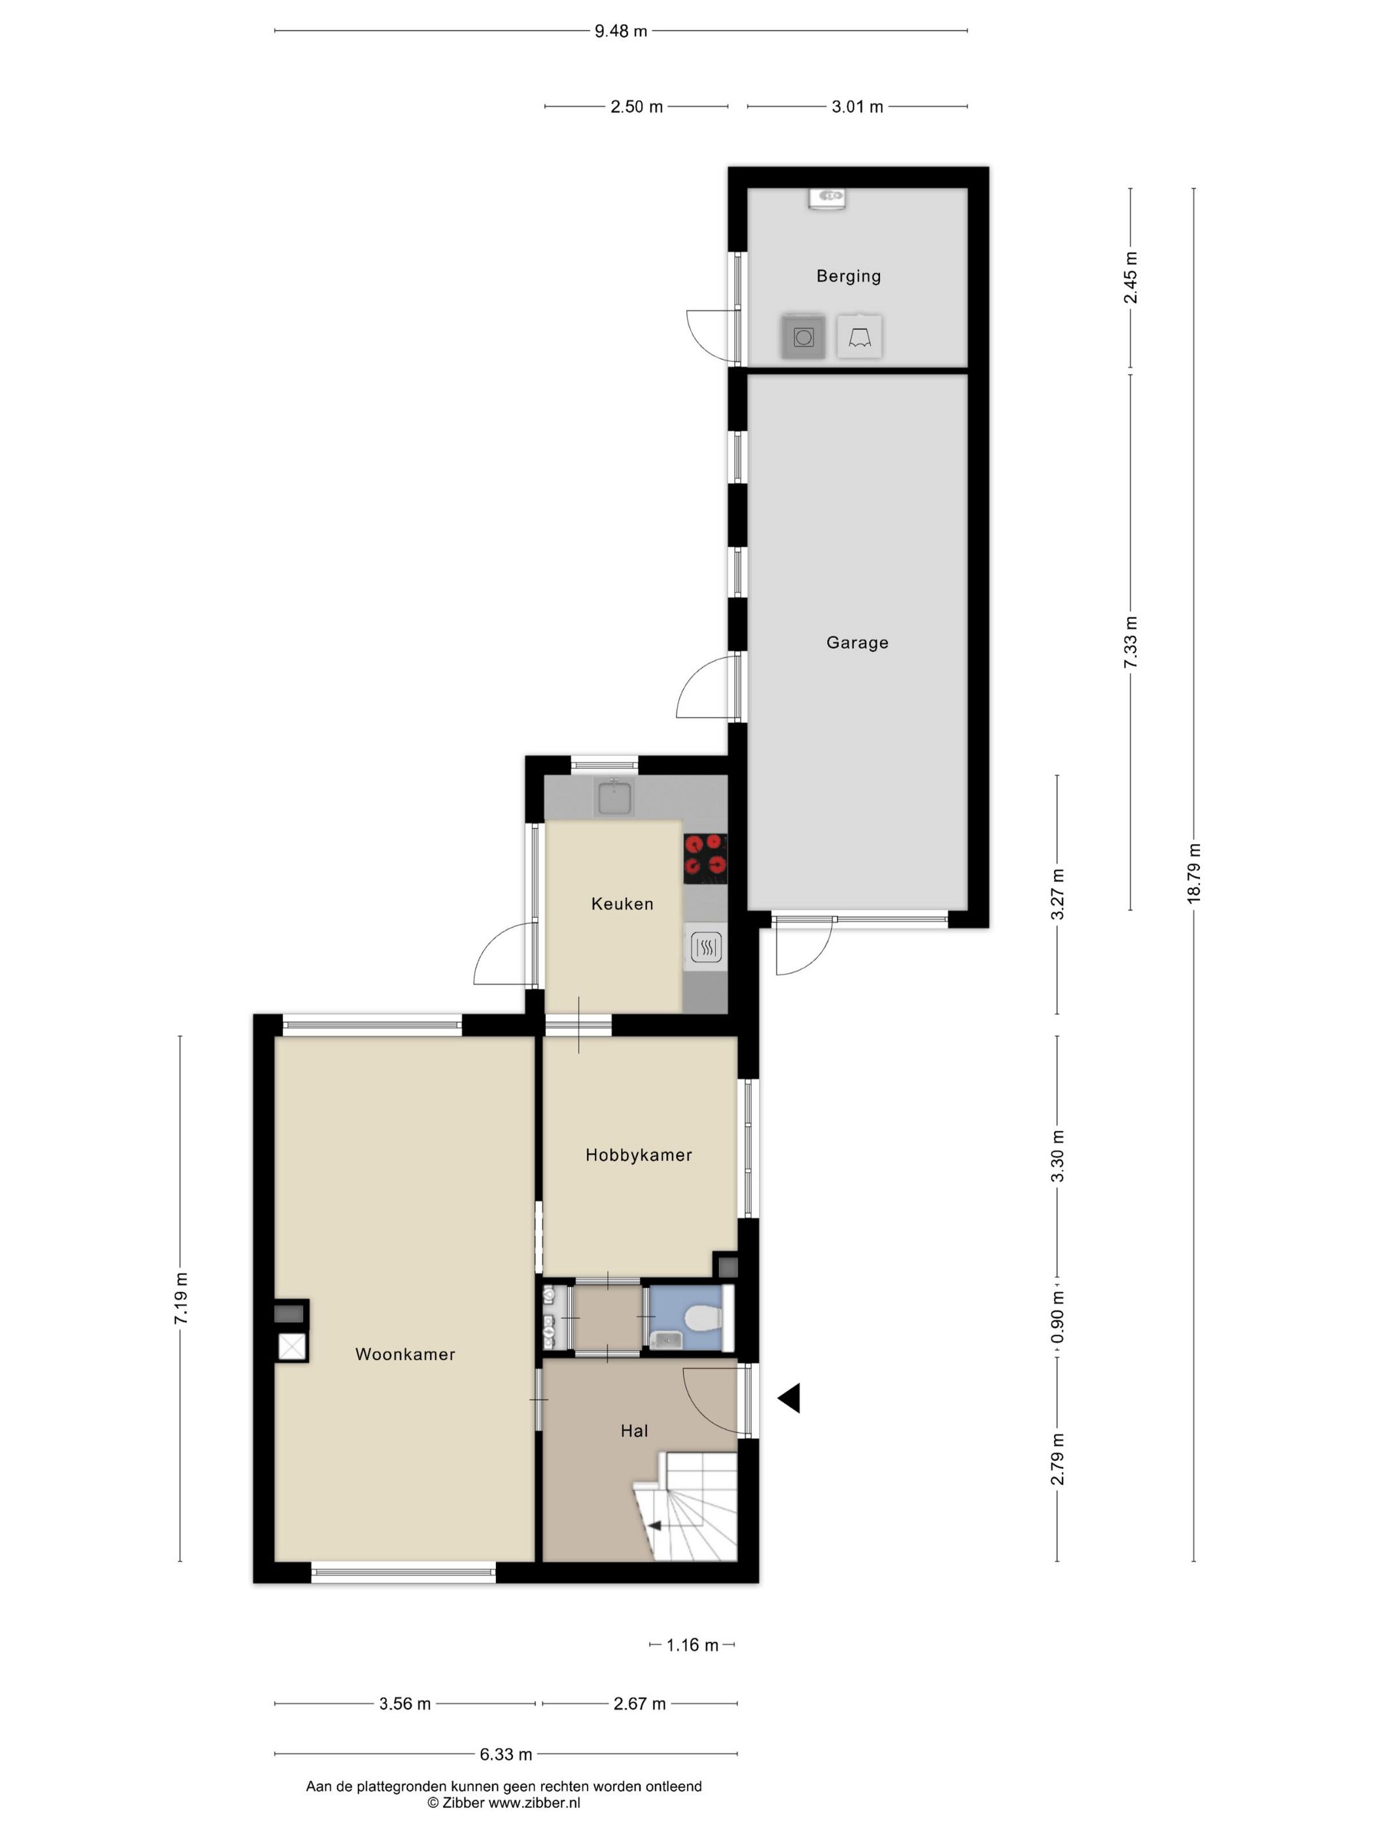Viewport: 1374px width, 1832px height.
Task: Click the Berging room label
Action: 848,276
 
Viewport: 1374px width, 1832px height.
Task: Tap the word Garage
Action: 856,642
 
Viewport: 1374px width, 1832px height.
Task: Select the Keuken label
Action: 622,904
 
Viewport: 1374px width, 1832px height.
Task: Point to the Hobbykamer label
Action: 638,1155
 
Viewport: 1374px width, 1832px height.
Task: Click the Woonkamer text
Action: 405,1354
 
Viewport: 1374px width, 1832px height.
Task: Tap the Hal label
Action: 633,1430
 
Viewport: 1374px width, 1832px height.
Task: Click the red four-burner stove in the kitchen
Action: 705,857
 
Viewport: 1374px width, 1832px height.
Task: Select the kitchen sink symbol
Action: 614,798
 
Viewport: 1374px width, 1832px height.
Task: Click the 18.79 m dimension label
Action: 1193,873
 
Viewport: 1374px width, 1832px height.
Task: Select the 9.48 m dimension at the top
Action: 620,31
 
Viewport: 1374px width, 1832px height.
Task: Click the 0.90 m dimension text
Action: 1057,1318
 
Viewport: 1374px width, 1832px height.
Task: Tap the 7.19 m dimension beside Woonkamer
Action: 181,1298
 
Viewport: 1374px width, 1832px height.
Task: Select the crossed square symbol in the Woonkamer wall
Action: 292,1347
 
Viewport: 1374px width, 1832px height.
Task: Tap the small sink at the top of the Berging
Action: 826,199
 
